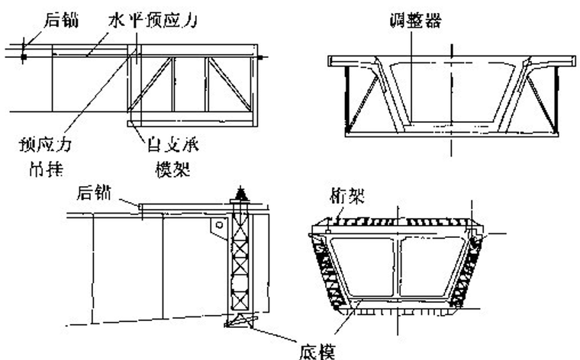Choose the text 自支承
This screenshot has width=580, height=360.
[175, 142]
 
